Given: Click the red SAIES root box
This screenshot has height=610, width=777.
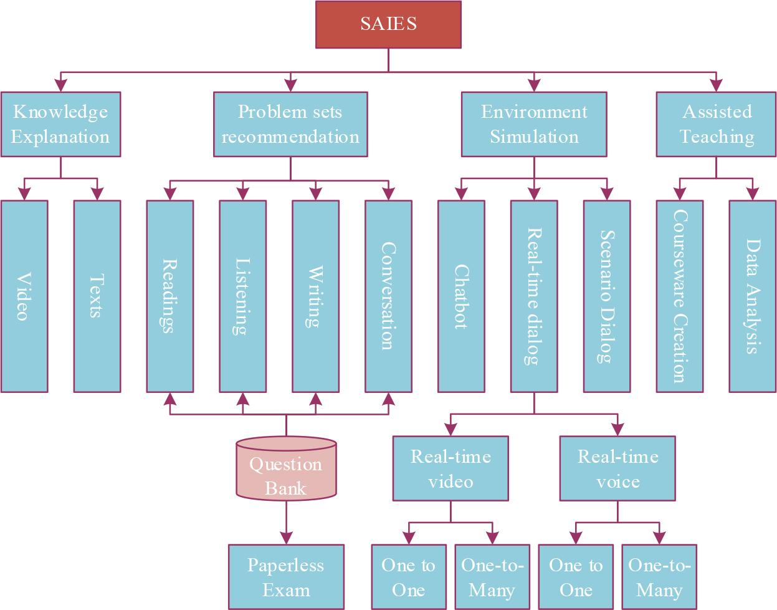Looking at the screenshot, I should [388, 24].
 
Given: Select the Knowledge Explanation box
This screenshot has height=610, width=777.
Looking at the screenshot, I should [60, 124].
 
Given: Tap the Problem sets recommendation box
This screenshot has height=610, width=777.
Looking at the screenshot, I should [290, 124].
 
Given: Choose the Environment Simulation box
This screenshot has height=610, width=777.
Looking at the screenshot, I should [534, 124].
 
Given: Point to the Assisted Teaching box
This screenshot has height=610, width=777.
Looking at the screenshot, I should [717, 124].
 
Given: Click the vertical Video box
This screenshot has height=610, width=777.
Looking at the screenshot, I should [24, 296].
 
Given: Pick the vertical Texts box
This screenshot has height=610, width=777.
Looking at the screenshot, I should [97, 296].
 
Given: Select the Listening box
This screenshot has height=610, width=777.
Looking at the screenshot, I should [243, 296].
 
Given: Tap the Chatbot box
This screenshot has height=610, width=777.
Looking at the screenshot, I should [461, 296].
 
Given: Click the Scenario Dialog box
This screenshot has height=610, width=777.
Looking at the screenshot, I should [607, 296].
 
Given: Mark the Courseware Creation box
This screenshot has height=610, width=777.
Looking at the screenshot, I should [680, 296].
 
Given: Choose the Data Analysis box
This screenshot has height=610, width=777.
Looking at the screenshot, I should [753, 296].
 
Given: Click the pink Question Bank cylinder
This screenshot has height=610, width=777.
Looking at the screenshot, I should [286, 471].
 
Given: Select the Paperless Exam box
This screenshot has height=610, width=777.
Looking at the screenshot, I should [286, 577].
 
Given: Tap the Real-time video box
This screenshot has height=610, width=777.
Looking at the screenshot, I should [450, 468].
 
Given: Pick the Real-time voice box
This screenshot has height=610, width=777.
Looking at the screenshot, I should [617, 468].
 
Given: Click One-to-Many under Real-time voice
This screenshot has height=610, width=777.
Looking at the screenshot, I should [659, 577].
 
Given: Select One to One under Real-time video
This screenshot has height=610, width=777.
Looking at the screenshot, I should [409, 577].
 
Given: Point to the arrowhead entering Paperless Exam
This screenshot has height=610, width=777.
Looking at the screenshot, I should [286, 538].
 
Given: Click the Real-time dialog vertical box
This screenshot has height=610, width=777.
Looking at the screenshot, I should [534, 296].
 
